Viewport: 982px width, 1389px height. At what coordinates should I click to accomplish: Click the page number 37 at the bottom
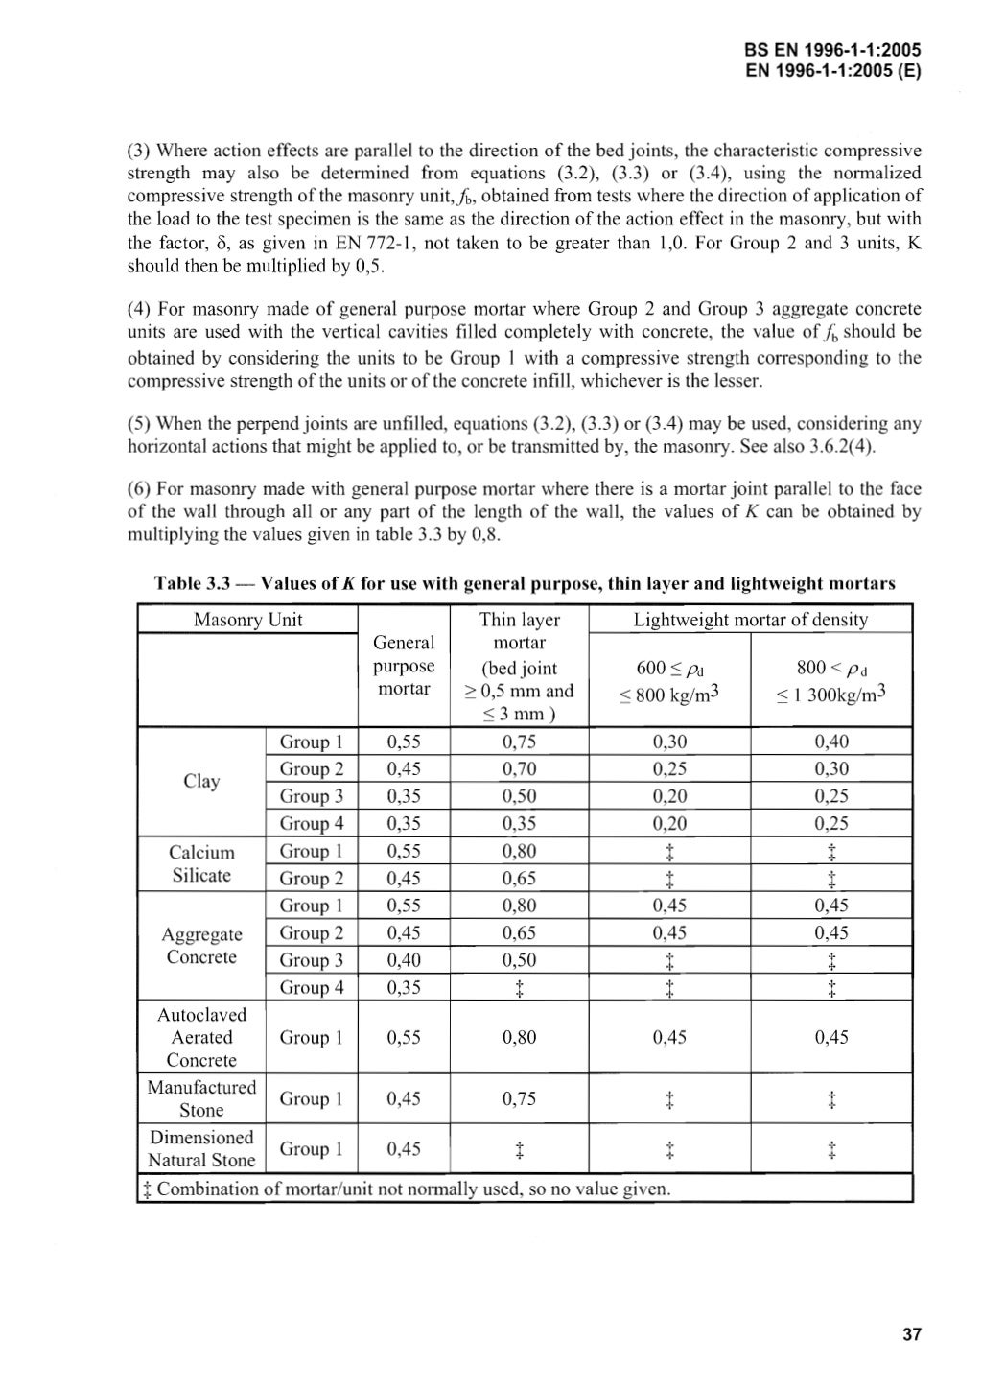911,1334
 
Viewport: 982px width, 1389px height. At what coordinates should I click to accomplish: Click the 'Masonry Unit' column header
247,620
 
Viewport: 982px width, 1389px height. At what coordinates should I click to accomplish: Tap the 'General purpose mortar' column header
404,666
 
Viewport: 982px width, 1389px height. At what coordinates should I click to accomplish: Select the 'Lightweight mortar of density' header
750,620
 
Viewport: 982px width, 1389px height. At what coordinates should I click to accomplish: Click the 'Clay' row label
201,782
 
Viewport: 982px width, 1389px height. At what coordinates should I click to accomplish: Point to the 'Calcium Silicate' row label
201,863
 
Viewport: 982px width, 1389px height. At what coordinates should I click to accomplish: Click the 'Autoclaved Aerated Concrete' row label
201,1037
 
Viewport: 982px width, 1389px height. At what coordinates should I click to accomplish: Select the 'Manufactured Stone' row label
201,1098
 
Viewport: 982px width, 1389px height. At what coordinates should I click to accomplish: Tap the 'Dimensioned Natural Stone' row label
201,1148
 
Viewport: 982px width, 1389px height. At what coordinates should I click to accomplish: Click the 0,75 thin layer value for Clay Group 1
519,742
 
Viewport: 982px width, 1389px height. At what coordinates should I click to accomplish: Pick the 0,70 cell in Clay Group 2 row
519,768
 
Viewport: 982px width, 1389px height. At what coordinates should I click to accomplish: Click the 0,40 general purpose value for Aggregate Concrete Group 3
404,960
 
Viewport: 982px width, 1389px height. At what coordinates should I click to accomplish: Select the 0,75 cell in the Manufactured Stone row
519,1099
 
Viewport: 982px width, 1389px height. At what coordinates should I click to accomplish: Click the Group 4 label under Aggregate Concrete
311,987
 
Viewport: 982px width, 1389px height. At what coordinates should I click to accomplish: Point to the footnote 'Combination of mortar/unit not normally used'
412,1189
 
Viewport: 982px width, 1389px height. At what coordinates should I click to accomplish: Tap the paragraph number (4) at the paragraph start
140,309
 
